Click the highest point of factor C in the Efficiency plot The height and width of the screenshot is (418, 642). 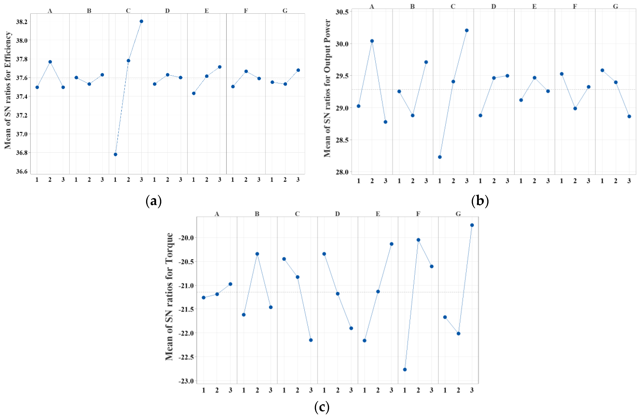click(141, 21)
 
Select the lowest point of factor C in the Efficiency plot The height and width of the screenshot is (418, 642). click(116, 154)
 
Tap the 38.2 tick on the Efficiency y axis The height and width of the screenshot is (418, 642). click(22, 22)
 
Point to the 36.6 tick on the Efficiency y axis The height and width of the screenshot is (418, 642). click(22, 172)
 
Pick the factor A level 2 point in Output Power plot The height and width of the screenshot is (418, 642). click(372, 41)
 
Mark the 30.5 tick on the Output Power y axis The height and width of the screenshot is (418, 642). click(342, 12)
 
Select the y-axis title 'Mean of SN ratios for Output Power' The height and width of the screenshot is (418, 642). click(327, 88)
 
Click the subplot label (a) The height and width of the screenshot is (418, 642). click(154, 201)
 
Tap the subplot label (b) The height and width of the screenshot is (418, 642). click(480, 201)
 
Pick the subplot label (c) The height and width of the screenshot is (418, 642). click(322, 407)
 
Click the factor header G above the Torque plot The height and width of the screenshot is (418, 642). click(458, 214)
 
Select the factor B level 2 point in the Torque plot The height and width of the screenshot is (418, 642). click(257, 254)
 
